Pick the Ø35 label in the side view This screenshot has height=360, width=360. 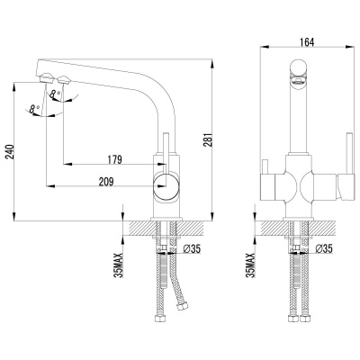[192, 249]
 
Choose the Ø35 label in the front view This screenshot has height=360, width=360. [322, 249]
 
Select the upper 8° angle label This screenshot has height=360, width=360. [58, 90]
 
